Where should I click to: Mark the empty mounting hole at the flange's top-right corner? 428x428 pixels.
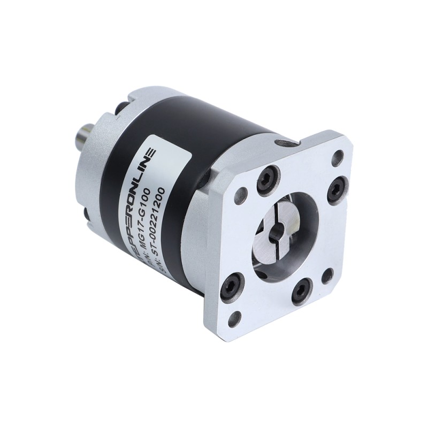(x=338, y=157)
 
